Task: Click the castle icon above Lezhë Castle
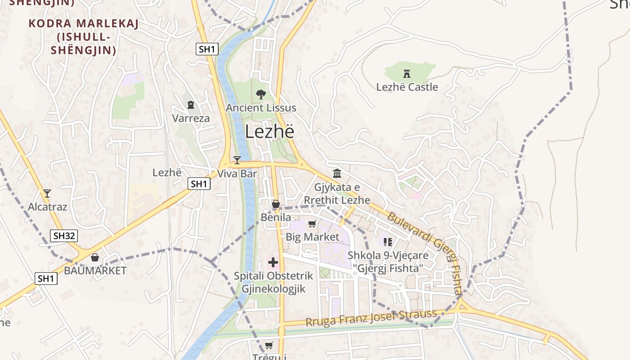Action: point(407,73)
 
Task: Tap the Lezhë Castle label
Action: point(407,87)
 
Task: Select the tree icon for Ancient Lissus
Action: point(261,94)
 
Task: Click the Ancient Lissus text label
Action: point(261,108)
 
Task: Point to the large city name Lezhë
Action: point(270,132)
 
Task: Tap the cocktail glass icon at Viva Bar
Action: point(237,160)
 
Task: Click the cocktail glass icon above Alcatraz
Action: point(47,193)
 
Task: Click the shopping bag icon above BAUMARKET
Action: point(95,257)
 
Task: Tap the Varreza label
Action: point(191,118)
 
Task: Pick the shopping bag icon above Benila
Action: point(276,204)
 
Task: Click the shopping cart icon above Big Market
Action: point(312,224)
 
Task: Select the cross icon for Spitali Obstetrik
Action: point(273,262)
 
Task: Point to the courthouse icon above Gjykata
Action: point(337,174)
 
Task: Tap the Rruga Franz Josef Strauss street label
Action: point(371,318)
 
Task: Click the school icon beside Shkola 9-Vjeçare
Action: point(388,242)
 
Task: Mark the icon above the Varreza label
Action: point(191,105)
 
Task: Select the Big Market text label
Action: point(313,237)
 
